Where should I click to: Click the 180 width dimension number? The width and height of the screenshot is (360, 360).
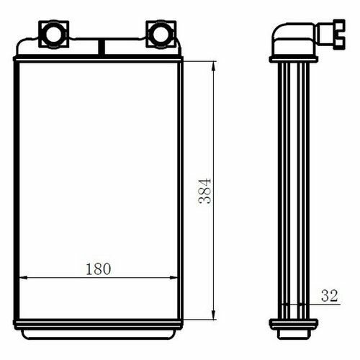click(99, 269)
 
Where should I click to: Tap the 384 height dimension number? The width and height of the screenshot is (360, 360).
click(204, 191)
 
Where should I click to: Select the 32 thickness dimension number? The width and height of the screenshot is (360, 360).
click(329, 296)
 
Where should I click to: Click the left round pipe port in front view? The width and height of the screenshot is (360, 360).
click(54, 35)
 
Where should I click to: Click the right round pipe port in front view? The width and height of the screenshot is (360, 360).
click(161, 35)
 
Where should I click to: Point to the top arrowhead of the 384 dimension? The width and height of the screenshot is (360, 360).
click(213, 66)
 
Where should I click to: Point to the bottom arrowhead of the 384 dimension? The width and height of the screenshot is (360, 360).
click(213, 315)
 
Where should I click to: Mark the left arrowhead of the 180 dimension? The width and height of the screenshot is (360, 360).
click(23, 278)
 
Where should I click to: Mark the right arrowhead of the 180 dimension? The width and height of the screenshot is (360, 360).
click(174, 278)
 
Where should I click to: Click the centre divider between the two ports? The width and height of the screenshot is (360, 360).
click(102, 48)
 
